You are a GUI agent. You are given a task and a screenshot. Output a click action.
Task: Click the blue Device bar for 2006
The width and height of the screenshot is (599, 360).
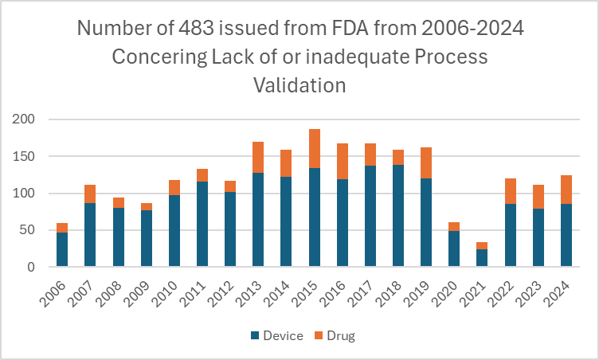(62, 249)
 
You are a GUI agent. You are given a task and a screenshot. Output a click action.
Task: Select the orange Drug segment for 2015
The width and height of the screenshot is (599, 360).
(314, 149)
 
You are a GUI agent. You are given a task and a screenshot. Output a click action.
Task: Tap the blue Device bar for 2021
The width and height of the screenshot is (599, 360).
(482, 258)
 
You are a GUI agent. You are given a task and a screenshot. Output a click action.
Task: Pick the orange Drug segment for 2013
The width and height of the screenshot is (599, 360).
(258, 157)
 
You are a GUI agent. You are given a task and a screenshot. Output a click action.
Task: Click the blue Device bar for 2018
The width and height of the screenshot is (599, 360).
(398, 216)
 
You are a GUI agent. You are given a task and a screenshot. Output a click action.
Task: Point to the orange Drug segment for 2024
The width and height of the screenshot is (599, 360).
(566, 190)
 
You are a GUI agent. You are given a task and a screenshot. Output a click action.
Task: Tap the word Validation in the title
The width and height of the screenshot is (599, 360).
(299, 84)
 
